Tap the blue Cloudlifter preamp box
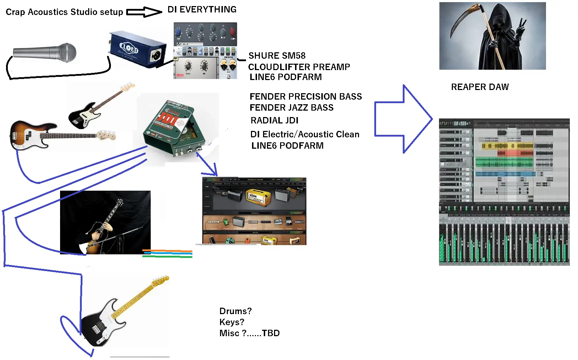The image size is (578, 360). [x=137, y=49]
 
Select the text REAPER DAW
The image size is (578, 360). [x=480, y=87]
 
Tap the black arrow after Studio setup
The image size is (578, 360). [x=144, y=12]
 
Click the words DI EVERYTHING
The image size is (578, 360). [x=202, y=10]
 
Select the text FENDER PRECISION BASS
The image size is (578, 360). [x=305, y=96]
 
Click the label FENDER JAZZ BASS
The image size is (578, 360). [x=291, y=107]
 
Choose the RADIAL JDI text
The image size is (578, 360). [x=274, y=120]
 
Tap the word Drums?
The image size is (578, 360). [x=235, y=311]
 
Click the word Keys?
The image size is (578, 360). [x=232, y=322]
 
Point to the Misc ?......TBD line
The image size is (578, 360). [x=250, y=333]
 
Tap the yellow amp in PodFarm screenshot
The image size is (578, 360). [x=258, y=197]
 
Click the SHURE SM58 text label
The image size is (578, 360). [x=277, y=55]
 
